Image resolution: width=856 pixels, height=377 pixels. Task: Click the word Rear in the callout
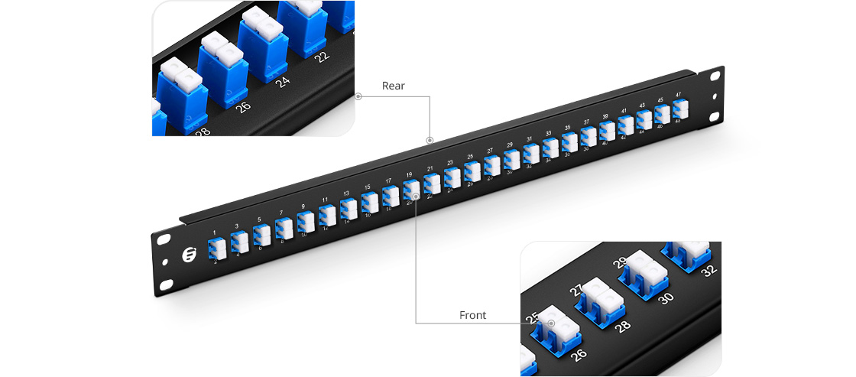coord(394,86)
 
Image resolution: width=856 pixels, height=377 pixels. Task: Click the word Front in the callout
coord(472,315)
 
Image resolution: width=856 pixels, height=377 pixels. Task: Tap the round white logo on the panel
coord(190,254)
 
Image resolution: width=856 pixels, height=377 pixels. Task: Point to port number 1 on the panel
coord(215,232)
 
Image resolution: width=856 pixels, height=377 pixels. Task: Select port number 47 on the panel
coord(678,95)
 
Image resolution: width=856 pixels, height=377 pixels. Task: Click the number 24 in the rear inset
coord(283,80)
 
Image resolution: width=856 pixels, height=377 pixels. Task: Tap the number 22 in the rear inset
coord(323,56)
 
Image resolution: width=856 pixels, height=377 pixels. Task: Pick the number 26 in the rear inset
coord(243,106)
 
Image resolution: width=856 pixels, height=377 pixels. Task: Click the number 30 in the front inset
coord(666,296)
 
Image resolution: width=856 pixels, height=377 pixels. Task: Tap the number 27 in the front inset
coord(575,291)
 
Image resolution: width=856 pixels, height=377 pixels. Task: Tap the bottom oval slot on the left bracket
coord(167,286)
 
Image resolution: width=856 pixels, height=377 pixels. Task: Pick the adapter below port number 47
coord(679,110)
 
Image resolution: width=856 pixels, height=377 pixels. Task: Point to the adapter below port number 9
coord(304,222)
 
